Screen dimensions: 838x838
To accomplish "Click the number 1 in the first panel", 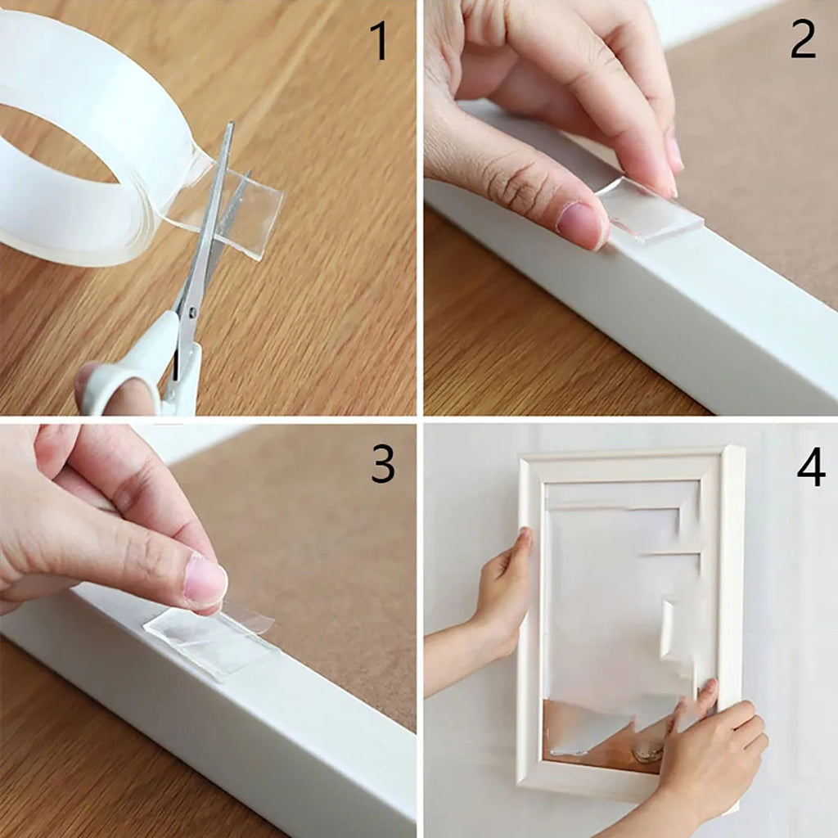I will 379,42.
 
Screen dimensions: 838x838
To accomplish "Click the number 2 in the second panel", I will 803,39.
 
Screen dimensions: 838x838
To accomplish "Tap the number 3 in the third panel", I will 382,464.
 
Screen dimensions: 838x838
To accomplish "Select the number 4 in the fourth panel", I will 810,467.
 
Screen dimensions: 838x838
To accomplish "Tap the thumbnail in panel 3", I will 205,581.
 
